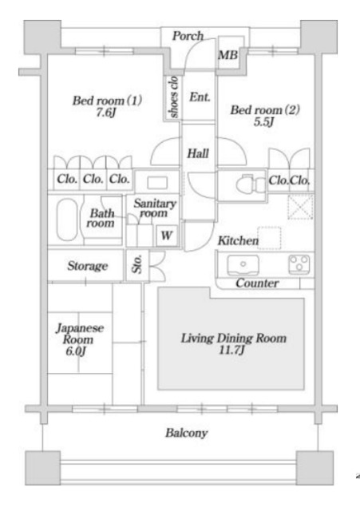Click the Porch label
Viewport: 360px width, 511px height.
coord(188,36)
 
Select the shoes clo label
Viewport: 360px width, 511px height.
coord(173,97)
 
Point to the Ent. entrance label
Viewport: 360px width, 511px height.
coord(200,97)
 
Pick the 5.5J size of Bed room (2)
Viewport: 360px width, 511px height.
coord(264,122)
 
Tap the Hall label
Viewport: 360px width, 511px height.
coord(198,153)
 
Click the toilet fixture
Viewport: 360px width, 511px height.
coord(251,185)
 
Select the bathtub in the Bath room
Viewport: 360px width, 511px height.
coord(67,219)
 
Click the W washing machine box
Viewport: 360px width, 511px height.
coord(167,235)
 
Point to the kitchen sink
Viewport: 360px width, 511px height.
coord(243,265)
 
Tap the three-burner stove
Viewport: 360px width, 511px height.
coord(299,264)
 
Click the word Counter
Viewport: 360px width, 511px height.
coord(257,283)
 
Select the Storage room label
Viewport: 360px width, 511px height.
coord(87,266)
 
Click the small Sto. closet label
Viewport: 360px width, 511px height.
coord(137,264)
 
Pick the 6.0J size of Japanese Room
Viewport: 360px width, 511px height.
coord(76,351)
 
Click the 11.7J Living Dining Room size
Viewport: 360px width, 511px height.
coord(231,350)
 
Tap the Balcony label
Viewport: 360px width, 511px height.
coord(186,433)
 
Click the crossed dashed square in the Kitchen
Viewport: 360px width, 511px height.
coord(300,207)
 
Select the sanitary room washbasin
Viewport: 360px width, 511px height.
coord(157,182)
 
